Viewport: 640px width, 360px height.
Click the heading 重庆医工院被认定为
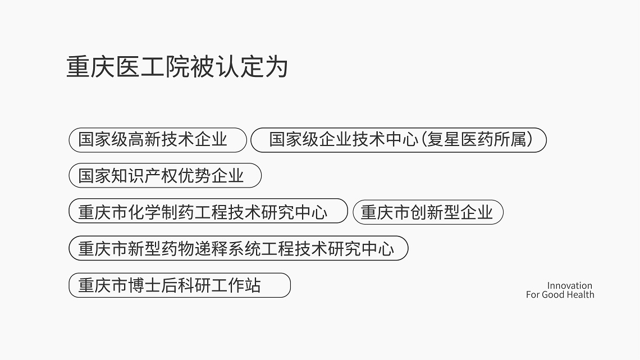coord(177,67)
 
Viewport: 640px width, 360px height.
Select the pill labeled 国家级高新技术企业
coord(158,140)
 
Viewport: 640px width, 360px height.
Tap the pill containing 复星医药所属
coord(399,140)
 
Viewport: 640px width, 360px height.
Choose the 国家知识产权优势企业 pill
coord(165,176)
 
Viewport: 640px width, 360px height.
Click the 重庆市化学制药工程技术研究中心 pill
coord(208,211)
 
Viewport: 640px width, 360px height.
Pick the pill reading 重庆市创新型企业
coord(428,212)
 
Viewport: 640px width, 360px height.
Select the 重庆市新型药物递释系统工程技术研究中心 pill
coord(239,248)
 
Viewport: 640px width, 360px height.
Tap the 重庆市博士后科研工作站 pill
coord(180,285)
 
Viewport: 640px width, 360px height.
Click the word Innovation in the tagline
coord(569,286)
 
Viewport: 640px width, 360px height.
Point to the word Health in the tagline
coord(581,295)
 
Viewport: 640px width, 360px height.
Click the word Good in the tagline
coord(554,295)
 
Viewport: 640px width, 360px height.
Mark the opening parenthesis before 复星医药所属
coord(423,140)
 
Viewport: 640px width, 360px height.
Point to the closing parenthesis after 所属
coord(530,140)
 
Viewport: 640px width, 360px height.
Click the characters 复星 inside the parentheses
coord(444,140)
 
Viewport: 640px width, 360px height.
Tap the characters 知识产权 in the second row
coord(144,176)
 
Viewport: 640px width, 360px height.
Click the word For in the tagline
coord(533,295)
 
